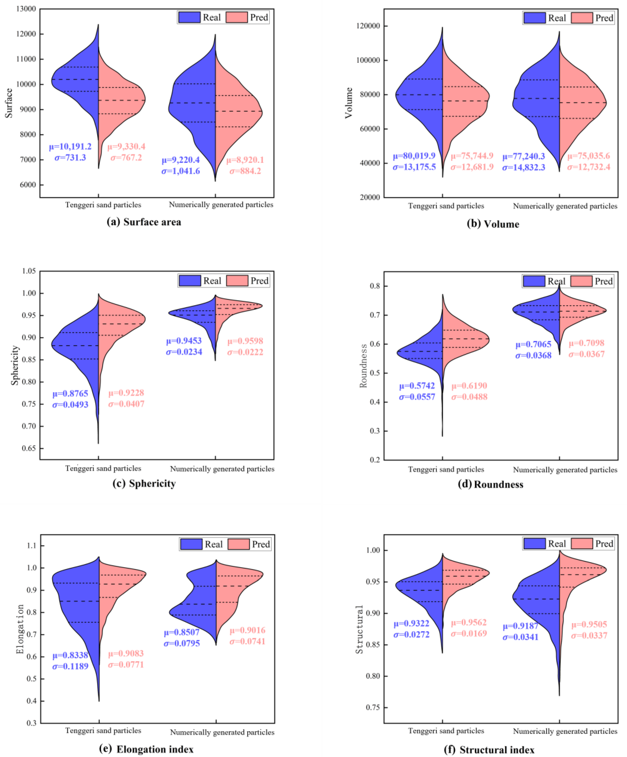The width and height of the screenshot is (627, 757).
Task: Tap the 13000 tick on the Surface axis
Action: coord(26,9)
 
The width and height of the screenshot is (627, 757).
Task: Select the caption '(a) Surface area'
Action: coord(144,222)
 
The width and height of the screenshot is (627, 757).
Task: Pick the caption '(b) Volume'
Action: coord(493,224)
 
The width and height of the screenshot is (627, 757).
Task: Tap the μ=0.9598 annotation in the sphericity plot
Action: coord(245,341)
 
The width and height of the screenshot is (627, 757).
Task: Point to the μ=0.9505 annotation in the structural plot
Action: coord(589,624)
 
